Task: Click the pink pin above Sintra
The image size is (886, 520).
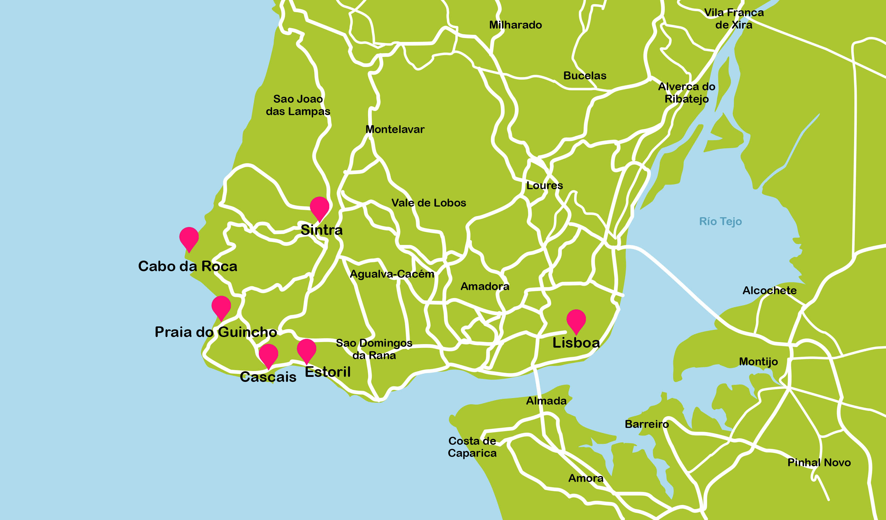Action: (x=319, y=207)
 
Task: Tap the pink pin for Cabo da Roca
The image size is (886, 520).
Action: (x=189, y=238)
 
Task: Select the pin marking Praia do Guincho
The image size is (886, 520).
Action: (x=221, y=306)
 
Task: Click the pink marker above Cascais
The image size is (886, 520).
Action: (x=268, y=354)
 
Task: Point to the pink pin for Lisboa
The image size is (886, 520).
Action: (x=576, y=320)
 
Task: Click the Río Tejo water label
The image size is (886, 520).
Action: (x=720, y=221)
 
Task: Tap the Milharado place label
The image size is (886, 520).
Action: (x=515, y=25)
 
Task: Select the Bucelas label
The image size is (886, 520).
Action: (x=584, y=76)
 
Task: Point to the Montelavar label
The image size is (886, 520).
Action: (x=395, y=129)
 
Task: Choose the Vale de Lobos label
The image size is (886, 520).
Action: (x=428, y=203)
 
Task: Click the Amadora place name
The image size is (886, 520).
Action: (x=484, y=286)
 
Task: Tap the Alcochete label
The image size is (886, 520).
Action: (x=769, y=291)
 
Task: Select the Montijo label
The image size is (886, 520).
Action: (x=758, y=361)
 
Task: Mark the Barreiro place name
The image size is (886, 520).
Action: (x=646, y=424)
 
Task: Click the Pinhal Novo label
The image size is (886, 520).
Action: (x=819, y=462)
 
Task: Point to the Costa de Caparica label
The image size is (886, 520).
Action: (x=472, y=447)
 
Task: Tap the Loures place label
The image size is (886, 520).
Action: (x=544, y=186)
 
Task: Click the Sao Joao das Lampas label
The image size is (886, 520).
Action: (x=298, y=105)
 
